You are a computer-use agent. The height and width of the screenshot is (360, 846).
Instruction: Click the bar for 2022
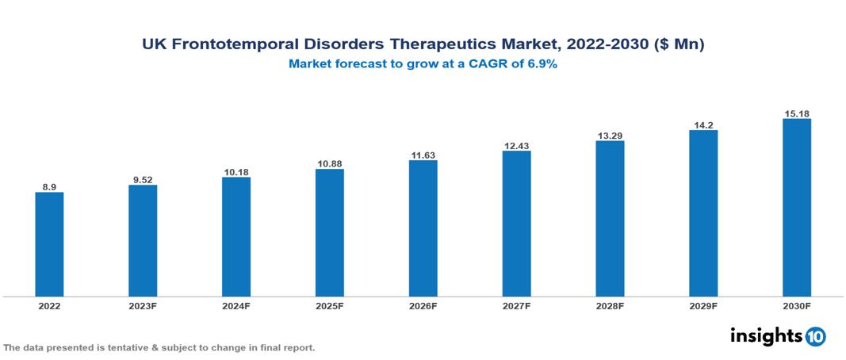click(49, 244)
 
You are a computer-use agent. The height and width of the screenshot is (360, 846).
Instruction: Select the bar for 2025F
click(329, 232)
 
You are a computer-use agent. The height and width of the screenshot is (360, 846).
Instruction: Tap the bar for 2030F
click(796, 208)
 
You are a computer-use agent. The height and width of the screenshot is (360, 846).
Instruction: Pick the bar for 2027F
click(516, 224)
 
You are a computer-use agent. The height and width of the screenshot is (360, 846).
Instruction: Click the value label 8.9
click(49, 187)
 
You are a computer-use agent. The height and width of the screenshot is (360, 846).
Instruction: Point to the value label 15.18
click(796, 113)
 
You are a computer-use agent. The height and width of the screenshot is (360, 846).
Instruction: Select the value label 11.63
click(423, 155)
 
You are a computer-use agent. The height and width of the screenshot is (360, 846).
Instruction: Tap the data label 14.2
click(703, 124)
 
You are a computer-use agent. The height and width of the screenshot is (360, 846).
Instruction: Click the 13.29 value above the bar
click(610, 135)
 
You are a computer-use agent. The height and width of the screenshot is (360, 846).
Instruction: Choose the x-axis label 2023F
click(143, 305)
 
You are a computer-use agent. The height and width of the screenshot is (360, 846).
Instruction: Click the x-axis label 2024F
click(236, 305)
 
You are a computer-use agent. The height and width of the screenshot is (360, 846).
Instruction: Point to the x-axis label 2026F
click(423, 305)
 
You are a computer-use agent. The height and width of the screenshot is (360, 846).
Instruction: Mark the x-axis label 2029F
click(703, 305)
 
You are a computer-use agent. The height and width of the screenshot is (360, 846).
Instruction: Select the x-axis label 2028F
click(610, 305)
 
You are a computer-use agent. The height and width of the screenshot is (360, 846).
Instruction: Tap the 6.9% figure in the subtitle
click(542, 64)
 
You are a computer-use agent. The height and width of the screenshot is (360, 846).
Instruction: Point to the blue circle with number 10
click(815, 337)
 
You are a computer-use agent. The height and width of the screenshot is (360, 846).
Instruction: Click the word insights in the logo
click(766, 336)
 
